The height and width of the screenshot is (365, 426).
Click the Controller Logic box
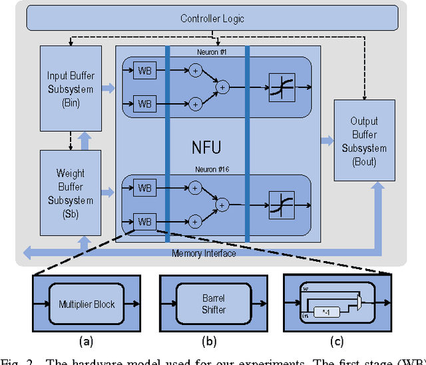click(212, 19)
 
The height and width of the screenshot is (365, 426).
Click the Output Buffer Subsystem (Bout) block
click(364, 141)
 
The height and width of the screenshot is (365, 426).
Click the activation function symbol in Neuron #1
click(282, 87)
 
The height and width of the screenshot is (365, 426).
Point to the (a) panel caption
click(85, 342)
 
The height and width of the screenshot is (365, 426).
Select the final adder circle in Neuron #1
click(223, 87)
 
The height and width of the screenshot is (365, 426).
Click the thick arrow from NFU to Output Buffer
click(326, 141)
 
